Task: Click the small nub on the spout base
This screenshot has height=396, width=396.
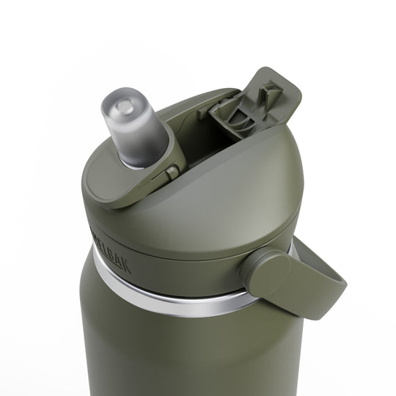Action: (x=172, y=174)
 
